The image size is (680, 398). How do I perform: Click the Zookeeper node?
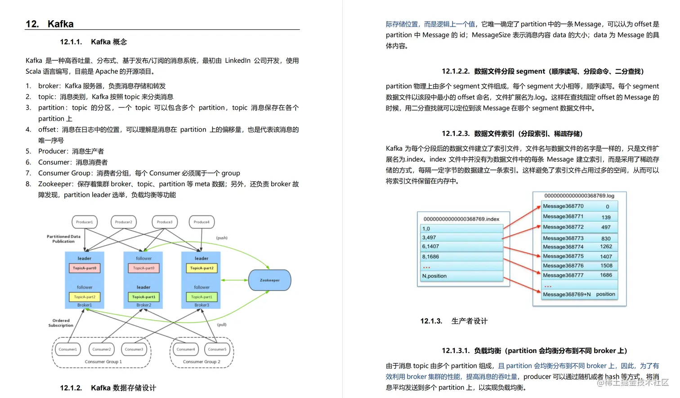269,280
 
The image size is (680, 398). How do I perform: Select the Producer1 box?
85,222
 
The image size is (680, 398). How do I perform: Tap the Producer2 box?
123,222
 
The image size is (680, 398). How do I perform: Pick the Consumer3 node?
134,349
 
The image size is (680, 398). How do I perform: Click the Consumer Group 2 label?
201,362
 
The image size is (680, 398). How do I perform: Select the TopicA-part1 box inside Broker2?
143,297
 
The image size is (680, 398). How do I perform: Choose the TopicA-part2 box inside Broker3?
201,268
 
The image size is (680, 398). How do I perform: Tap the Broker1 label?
85,305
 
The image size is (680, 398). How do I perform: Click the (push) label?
222,237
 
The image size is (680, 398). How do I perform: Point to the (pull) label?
222,324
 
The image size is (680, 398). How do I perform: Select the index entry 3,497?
429,237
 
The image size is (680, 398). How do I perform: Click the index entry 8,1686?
430,257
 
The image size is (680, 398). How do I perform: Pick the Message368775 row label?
563,256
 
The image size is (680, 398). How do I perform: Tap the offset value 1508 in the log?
606,266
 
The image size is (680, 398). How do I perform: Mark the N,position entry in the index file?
434,276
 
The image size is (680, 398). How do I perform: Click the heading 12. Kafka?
50,24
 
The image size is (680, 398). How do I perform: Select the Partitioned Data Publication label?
63,239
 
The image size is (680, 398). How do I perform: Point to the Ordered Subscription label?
61,323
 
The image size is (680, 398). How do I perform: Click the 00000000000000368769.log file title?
579,196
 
